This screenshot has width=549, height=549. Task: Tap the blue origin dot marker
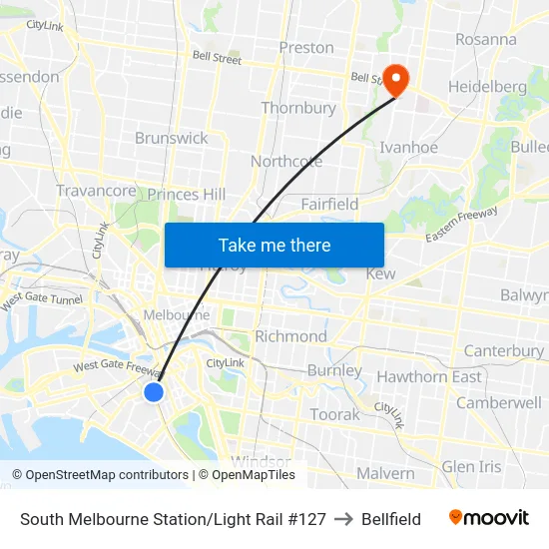(x=154, y=392)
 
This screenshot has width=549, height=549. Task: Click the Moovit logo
(x=488, y=518)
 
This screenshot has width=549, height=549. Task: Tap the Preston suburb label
(x=306, y=47)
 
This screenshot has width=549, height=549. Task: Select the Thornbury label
(x=298, y=108)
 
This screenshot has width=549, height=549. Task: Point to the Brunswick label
(x=172, y=138)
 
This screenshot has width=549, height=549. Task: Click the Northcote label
(x=285, y=161)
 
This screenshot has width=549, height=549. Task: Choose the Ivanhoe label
(x=408, y=148)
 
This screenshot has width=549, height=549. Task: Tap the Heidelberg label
(x=487, y=87)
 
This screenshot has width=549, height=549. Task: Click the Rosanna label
(x=486, y=40)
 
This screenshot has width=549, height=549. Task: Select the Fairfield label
(x=329, y=204)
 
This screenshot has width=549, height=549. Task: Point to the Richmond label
(x=290, y=336)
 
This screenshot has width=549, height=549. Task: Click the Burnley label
(x=335, y=370)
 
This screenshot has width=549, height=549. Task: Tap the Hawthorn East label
(x=429, y=376)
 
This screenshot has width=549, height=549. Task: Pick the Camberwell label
(x=499, y=402)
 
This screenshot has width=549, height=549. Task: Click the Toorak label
(x=334, y=413)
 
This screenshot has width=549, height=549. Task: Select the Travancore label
(x=96, y=191)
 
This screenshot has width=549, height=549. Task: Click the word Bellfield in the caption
(x=391, y=519)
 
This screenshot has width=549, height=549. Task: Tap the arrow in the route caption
(x=343, y=519)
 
